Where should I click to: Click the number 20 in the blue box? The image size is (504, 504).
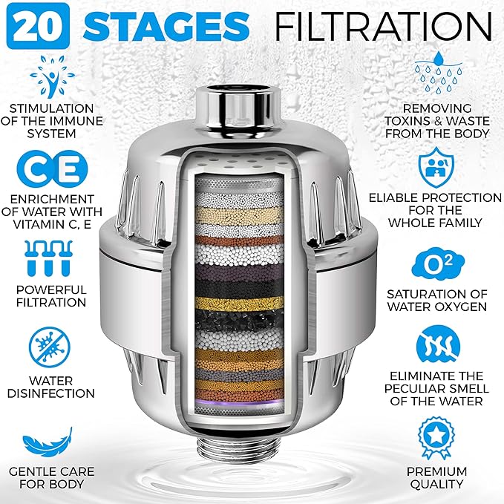32,26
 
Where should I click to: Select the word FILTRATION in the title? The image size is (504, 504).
383,26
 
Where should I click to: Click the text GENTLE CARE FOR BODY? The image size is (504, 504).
46,477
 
